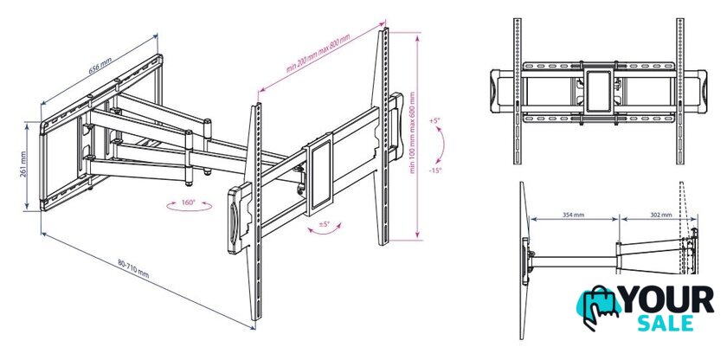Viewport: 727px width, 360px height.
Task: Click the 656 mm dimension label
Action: coord(100,65)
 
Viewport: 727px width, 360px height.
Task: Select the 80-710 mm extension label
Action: coord(133,269)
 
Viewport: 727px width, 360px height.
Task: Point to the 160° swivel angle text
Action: coord(189,202)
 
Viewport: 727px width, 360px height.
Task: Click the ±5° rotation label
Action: coord(324,224)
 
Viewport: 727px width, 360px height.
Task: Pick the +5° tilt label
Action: coord(434,120)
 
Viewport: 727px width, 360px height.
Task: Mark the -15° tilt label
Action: coord(434,170)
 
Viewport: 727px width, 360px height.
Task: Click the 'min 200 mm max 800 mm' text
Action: coord(318,54)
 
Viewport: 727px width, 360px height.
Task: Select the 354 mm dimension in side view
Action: coord(574,215)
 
